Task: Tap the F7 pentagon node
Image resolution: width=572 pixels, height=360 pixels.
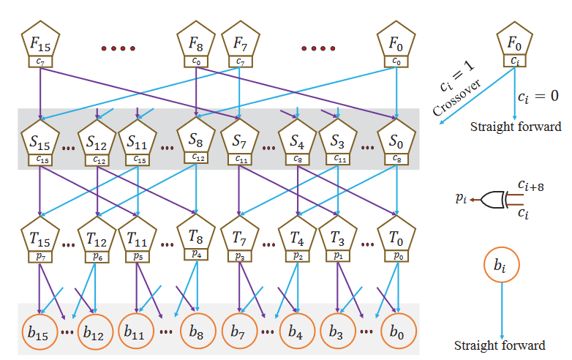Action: pyautogui.click(x=240, y=45)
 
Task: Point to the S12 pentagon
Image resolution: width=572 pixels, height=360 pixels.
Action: pyautogui.click(x=97, y=139)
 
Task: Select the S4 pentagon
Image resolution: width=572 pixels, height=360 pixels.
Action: pyautogui.click(x=297, y=139)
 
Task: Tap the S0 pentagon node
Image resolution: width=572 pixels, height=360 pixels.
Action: pyautogui.click(x=396, y=139)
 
